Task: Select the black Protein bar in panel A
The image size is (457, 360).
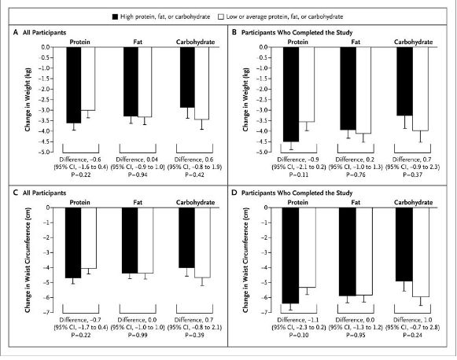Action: [x=73, y=84]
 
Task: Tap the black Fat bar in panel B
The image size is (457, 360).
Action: [x=348, y=88]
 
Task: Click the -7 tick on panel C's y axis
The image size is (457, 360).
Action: [x=55, y=312]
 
